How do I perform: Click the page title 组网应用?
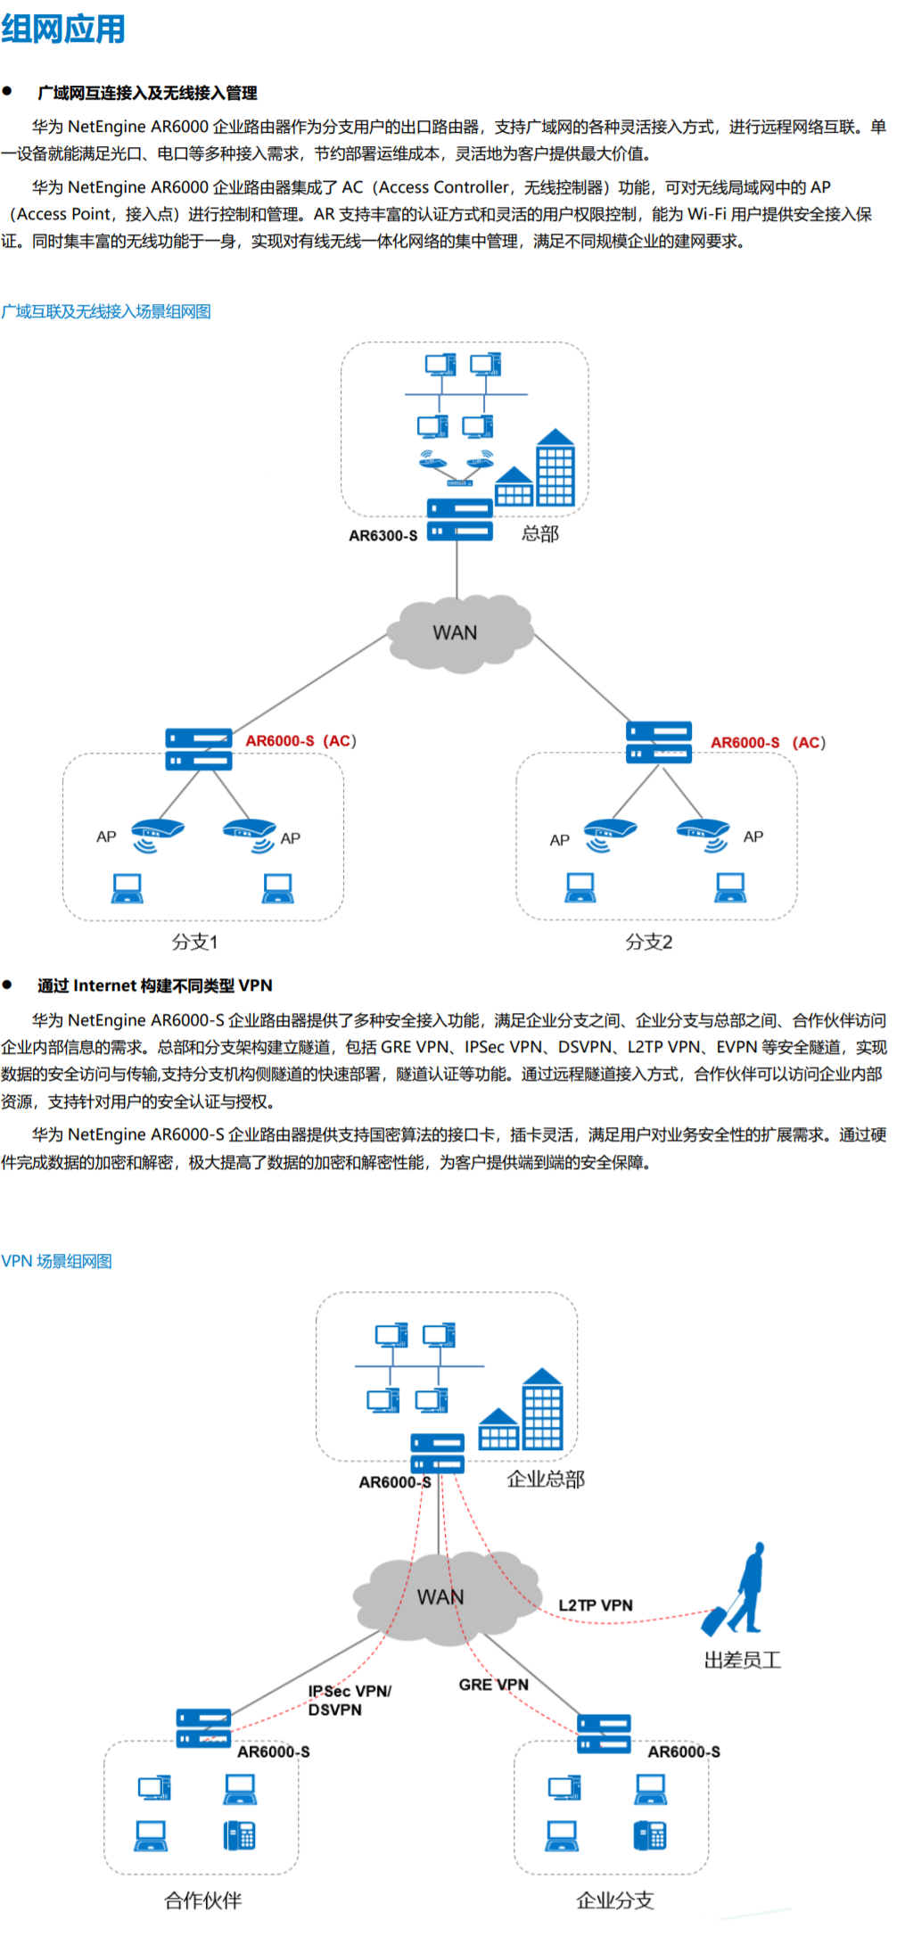63,29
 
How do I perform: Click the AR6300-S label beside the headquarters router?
383,536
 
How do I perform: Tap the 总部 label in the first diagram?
540,534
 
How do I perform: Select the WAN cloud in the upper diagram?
457,632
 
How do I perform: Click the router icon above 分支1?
198,749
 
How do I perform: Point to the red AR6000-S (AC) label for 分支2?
767,743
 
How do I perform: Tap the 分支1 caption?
194,942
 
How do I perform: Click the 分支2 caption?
649,942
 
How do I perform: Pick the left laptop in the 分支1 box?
127,888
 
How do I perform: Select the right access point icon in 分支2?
703,834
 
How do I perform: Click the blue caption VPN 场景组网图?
57,1261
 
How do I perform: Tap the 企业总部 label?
546,1480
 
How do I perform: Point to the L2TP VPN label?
596,1605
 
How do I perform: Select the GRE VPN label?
493,1685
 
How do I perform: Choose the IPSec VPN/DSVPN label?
349,1700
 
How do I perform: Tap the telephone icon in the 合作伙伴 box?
239,1835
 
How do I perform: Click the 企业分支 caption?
615,1900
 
